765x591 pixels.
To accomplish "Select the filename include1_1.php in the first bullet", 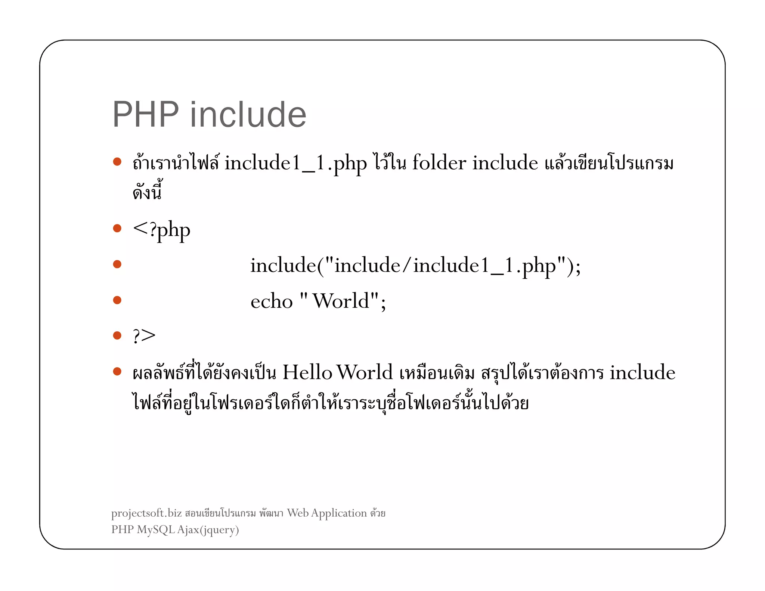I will click(295, 164).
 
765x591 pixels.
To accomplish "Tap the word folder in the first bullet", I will click(439, 163).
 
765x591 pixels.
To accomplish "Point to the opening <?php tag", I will click(161, 230).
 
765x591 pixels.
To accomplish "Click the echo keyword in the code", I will click(272, 301).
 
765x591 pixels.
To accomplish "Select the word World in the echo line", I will click(341, 301).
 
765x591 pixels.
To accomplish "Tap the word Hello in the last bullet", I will click(307, 372).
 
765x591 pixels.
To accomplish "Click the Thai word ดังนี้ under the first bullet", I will click(147, 192).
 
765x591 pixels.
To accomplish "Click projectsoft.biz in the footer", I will click(146, 513).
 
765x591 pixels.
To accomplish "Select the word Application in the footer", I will click(339, 513).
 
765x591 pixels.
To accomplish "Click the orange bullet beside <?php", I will click(117, 228).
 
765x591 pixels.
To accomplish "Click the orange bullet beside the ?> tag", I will click(117, 335).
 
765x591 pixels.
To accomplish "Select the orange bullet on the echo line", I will click(117, 300).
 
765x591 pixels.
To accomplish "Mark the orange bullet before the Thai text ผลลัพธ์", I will click(117, 371).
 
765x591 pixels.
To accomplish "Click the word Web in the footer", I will click(298, 513).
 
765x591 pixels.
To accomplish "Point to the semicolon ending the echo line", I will click(383, 303).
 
